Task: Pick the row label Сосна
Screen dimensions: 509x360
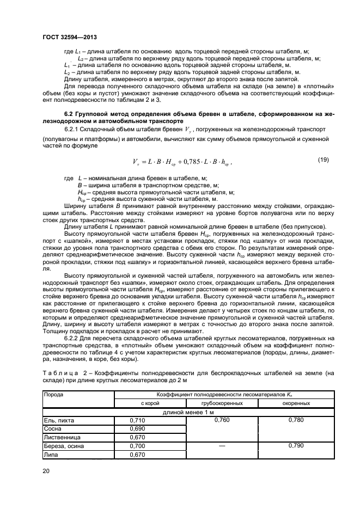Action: pyautogui.click(x=53, y=429)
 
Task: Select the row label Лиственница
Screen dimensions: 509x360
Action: pyautogui.click(x=62, y=437)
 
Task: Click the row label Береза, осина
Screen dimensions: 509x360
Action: pyautogui.click(x=64, y=446)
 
